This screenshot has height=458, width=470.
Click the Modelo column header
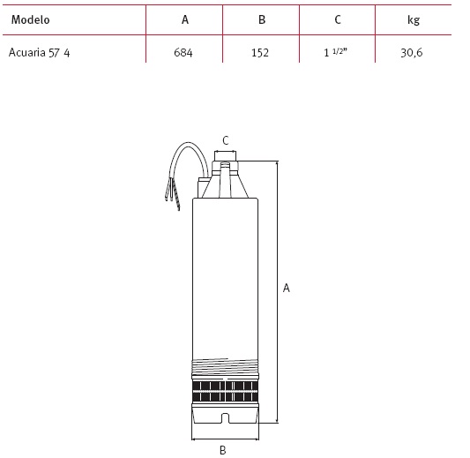pyautogui.click(x=30, y=19)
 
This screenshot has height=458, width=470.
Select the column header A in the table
pyautogui.click(x=185, y=19)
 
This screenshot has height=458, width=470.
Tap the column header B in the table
pyautogui.click(x=262, y=19)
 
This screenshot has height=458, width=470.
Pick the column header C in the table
pyautogui.click(x=338, y=19)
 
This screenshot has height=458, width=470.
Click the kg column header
pyautogui.click(x=414, y=20)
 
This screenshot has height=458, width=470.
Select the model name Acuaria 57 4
pyautogui.click(x=40, y=52)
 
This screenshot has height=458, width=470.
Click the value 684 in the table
pyautogui.click(x=183, y=53)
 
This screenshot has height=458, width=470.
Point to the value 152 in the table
pyautogui.click(x=260, y=53)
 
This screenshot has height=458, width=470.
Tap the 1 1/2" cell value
pyautogui.click(x=335, y=52)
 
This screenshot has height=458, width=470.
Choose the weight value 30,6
pyautogui.click(x=412, y=53)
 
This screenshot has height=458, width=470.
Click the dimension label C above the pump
pyautogui.click(x=226, y=140)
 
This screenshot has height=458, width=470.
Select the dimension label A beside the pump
pyautogui.click(x=287, y=288)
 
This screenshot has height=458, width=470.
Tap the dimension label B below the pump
pyautogui.click(x=222, y=450)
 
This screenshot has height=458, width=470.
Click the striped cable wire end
pyautogui.click(x=176, y=197)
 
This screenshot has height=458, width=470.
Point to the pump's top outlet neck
pyautogui.click(x=226, y=156)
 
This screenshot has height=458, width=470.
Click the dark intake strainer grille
pyautogui.click(x=225, y=392)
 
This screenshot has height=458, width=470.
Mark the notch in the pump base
pyautogui.click(x=225, y=418)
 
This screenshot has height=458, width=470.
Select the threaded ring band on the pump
pyautogui.click(x=225, y=365)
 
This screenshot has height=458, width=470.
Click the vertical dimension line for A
pyautogui.click(x=277, y=292)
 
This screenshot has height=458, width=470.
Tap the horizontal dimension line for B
pyautogui.click(x=225, y=439)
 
